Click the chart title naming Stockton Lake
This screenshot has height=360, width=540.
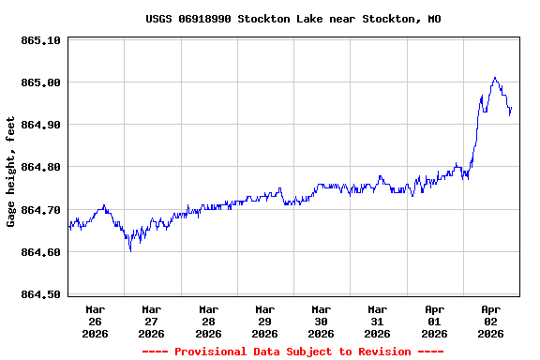click(293, 19)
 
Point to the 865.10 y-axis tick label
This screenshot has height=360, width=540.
click(40, 40)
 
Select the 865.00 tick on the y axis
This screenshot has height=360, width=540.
click(40, 82)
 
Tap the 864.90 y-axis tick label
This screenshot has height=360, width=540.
click(40, 125)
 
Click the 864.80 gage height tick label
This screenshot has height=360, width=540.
click(40, 167)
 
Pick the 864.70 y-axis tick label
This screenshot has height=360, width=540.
click(40, 210)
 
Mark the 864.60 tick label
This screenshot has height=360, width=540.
click(40, 252)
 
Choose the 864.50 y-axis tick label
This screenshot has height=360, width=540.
click(40, 294)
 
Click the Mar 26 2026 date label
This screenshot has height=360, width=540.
click(96, 321)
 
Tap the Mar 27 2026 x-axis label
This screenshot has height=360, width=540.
click(152, 321)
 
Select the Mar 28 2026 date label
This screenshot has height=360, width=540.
click(208, 321)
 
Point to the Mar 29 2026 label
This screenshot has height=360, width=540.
click(265, 321)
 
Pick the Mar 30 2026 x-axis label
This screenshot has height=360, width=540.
click(322, 321)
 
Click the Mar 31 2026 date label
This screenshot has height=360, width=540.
click(378, 321)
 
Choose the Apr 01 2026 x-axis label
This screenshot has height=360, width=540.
click(434, 321)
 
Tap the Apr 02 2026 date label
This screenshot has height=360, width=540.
click(490, 321)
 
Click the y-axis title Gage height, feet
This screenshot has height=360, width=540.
click(11, 172)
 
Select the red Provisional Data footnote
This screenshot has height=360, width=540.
click(292, 352)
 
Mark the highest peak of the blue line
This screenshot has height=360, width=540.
click(495, 78)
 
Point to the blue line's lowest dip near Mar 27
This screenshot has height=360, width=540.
click(130, 250)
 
